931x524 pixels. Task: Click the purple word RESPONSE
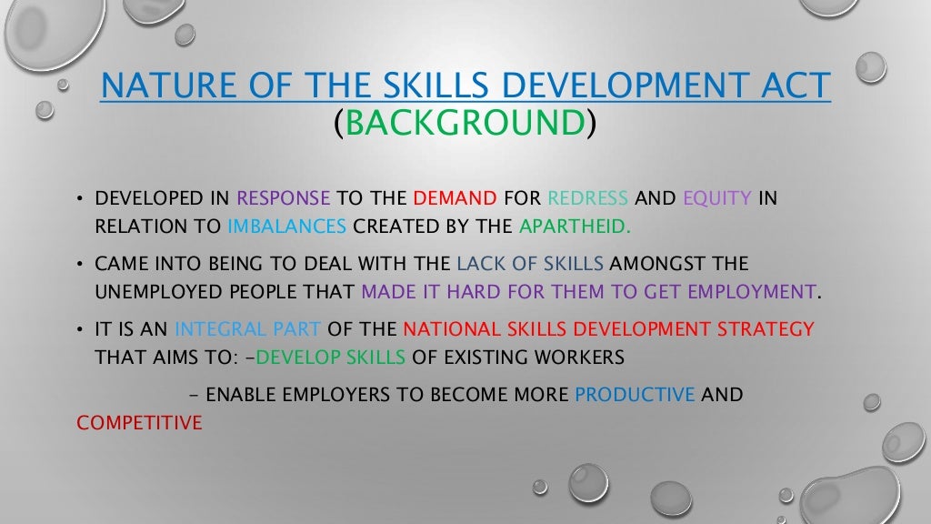pos(284,198)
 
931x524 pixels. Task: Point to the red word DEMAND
pos(455,198)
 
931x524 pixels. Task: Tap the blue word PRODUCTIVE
pos(636,396)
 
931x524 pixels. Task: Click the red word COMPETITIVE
pos(139,423)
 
